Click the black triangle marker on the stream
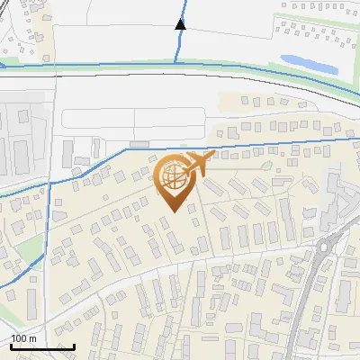(181, 23)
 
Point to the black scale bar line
(42, 346)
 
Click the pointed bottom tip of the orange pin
(173, 212)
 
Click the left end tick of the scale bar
(11, 345)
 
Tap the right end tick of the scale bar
(75, 345)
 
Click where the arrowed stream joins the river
(176, 61)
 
